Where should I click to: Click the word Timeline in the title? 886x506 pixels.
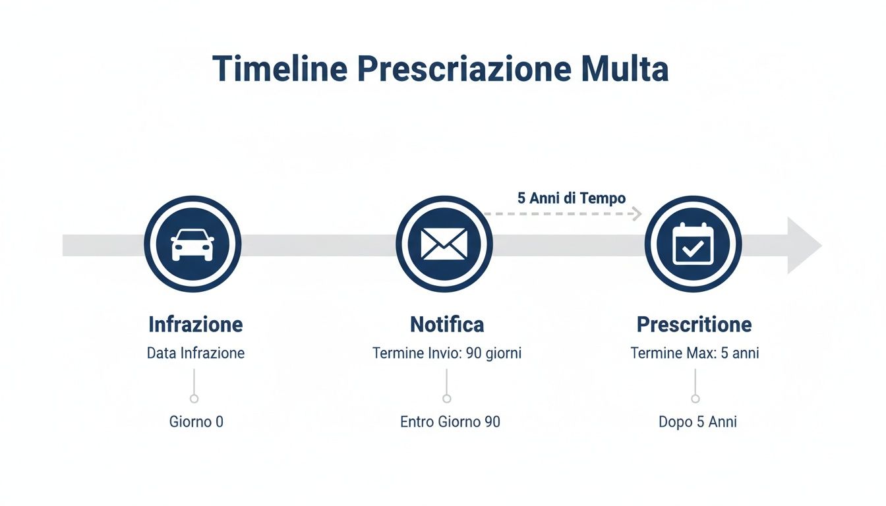[x=279, y=69]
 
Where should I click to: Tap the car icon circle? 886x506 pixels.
[x=192, y=244]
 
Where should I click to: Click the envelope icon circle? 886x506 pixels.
[x=444, y=244]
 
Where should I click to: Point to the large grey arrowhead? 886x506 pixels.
[x=804, y=245]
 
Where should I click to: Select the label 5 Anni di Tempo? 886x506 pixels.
[x=571, y=198]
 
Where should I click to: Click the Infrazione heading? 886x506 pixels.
[x=195, y=324]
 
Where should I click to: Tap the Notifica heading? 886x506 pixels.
[x=446, y=324]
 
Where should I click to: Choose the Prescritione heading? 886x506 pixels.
[x=694, y=324]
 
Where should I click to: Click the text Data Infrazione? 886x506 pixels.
[x=195, y=353]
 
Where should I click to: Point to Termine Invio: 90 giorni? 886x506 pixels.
[x=446, y=353]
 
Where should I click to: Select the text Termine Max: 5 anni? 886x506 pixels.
[x=694, y=353]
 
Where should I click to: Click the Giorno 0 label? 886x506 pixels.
[x=196, y=422]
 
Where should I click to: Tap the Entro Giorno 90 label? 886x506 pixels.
[x=450, y=422]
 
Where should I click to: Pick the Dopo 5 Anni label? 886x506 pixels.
[x=697, y=422]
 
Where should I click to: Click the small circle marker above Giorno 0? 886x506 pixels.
[x=194, y=399]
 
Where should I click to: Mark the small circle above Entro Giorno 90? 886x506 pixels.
[x=446, y=399]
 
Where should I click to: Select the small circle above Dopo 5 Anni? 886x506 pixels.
[x=695, y=399]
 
